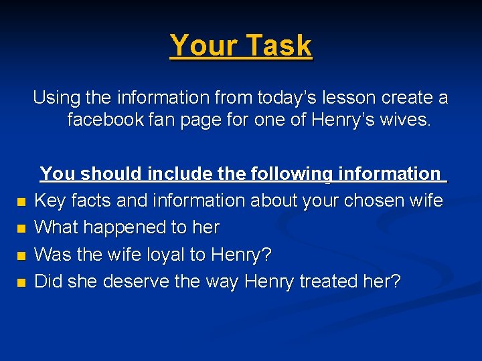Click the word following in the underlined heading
point(291,174)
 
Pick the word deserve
point(139,281)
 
